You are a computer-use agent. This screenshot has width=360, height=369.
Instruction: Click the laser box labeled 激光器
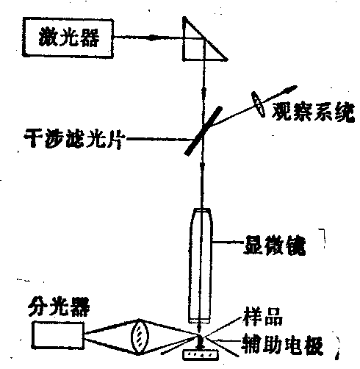click(x=68, y=37)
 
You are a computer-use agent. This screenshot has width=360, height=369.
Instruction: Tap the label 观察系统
click(x=313, y=112)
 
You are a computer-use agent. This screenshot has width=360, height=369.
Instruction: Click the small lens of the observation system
click(x=258, y=104)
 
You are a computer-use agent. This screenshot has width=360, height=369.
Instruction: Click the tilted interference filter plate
click(x=204, y=131)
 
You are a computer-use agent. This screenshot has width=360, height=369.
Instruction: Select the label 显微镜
click(x=275, y=246)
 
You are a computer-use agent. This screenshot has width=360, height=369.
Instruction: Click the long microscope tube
click(x=201, y=265)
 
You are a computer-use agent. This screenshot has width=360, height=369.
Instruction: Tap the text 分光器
click(x=59, y=307)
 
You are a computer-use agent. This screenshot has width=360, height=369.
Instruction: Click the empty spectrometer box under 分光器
click(x=58, y=335)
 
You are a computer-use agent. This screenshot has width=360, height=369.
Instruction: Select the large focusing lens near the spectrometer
click(x=140, y=337)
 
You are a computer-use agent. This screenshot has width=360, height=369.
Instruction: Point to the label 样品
click(x=263, y=318)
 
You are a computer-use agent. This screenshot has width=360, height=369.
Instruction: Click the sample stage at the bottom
click(x=201, y=355)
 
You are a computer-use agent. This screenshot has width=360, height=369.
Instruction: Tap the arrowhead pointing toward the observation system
click(x=291, y=89)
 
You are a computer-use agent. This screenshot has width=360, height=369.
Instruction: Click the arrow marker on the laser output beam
click(x=152, y=37)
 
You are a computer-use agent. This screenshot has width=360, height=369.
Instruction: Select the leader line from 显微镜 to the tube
click(x=228, y=243)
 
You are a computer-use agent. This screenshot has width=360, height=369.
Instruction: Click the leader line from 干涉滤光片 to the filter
click(x=159, y=139)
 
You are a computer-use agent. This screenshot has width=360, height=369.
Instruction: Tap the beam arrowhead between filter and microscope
click(x=202, y=168)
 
